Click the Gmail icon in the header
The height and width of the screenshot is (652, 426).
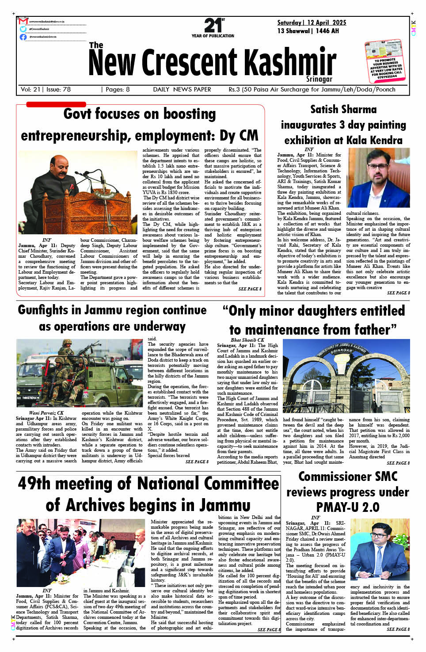[23, 21]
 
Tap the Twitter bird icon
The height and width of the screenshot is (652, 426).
[23, 29]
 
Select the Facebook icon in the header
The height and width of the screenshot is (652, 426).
[23, 37]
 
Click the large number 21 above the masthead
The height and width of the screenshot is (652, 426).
[213, 25]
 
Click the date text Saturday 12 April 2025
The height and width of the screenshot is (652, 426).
[312, 23]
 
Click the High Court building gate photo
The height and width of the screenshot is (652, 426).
[346, 376]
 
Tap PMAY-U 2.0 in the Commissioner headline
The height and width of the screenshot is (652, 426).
[348, 507]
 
